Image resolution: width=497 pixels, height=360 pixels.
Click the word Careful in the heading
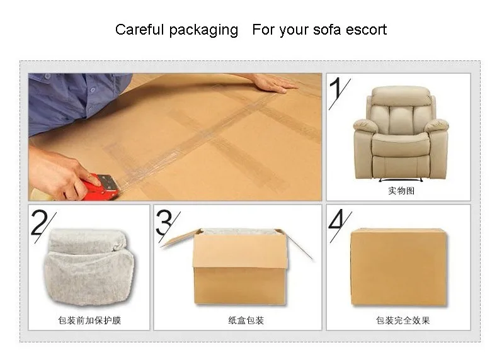pos(139,30)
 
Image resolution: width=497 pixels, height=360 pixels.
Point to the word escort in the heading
pos(366,30)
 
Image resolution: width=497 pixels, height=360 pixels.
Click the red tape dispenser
pos(101,188)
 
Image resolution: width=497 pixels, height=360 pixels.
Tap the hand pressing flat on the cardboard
pos(273,84)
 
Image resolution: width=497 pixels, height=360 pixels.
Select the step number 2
pos(39,222)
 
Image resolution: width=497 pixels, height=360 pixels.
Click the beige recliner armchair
pos(401,133)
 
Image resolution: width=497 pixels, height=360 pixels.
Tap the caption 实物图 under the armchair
pos(401,191)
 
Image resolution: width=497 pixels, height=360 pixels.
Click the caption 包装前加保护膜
pos(89,320)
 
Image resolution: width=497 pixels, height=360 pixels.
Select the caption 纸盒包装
pos(246,320)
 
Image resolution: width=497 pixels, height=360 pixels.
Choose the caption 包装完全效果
pos(403,320)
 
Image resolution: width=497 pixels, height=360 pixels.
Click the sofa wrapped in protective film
pos(90,267)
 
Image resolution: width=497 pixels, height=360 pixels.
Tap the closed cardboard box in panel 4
pos(399,267)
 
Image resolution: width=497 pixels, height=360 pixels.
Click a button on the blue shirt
pos(92,90)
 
